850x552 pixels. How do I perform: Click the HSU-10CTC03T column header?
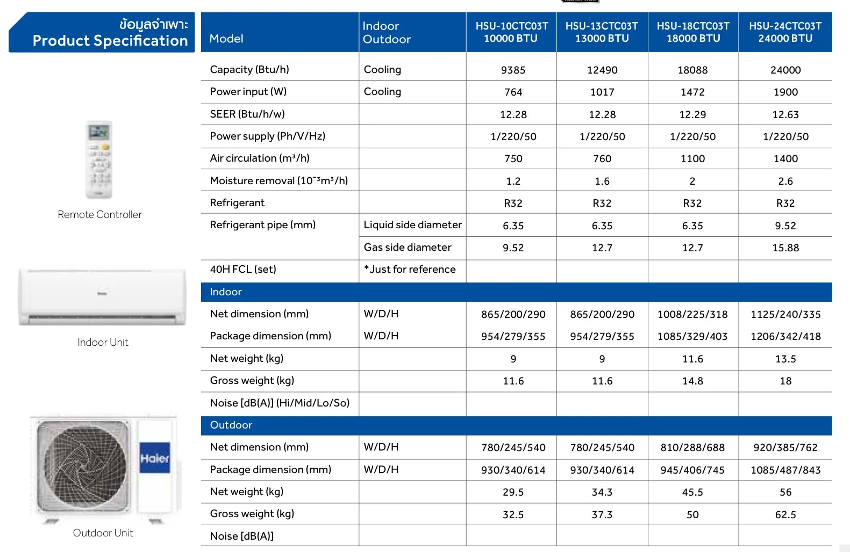pyautogui.click(x=511, y=32)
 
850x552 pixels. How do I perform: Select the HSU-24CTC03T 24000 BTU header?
pyautogui.click(x=785, y=32)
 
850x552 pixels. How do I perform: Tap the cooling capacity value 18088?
pyautogui.click(x=692, y=70)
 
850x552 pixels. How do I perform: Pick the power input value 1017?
pyautogui.click(x=602, y=92)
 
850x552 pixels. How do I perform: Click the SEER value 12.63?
pyautogui.click(x=785, y=115)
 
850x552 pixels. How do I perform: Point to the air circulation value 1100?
pyautogui.click(x=692, y=159)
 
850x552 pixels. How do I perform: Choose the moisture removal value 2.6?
pyautogui.click(x=785, y=181)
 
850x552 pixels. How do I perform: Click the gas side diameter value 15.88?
pyautogui.click(x=785, y=248)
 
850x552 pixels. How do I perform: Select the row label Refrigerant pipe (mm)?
pyautogui.click(x=263, y=225)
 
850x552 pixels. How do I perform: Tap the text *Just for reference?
pyautogui.click(x=410, y=270)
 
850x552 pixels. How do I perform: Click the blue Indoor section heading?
pyautogui.click(x=226, y=292)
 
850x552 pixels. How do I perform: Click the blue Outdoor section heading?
pyautogui.click(x=231, y=425)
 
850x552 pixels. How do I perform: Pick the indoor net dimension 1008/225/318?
pyautogui.click(x=692, y=315)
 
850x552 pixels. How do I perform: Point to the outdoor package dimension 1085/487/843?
pyautogui.click(x=785, y=470)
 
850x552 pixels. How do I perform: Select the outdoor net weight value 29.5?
pyautogui.click(x=513, y=492)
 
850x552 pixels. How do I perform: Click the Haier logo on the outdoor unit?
pyautogui.click(x=155, y=458)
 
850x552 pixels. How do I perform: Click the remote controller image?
pyautogui.click(x=99, y=159)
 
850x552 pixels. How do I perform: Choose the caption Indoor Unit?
pyautogui.click(x=103, y=343)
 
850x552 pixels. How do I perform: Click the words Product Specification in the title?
pyautogui.click(x=110, y=41)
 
